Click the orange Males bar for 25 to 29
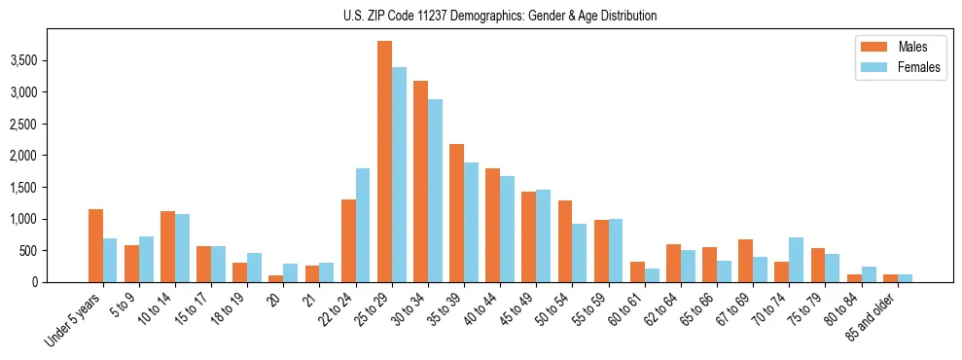384,162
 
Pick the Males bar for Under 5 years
95,245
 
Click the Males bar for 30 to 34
420,182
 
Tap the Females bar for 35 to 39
471,223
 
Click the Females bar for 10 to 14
182,248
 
